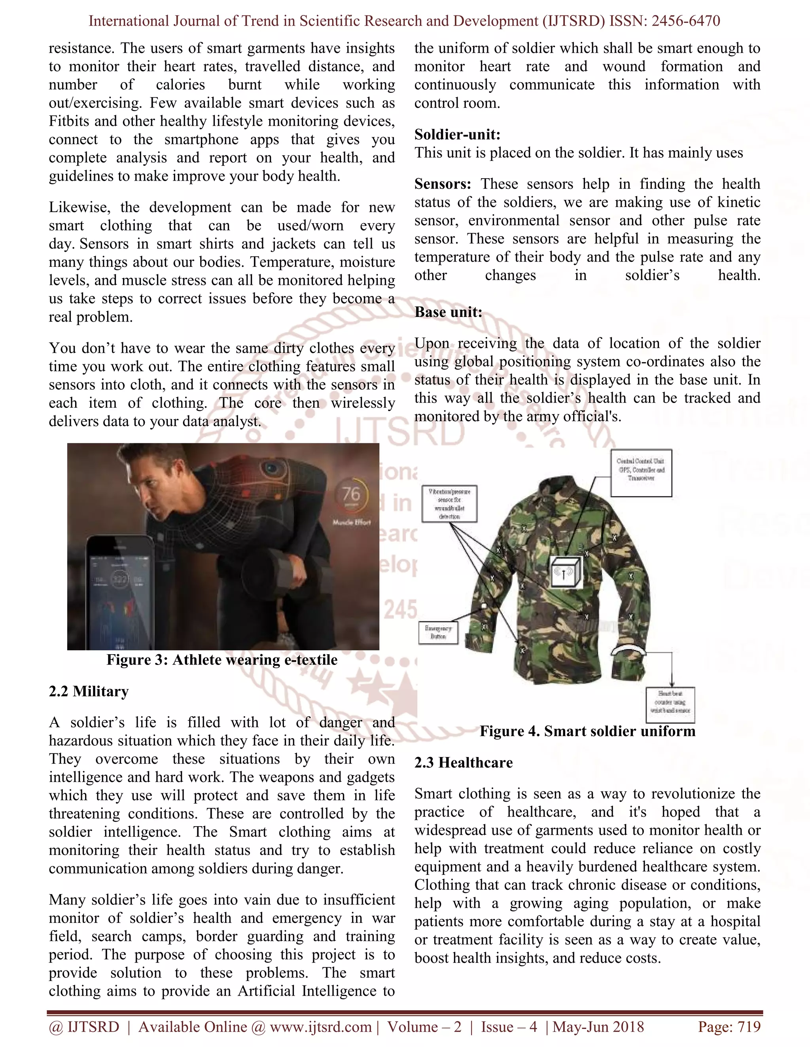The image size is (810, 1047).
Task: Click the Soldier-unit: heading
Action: click(x=457, y=135)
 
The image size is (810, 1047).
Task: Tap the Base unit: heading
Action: click(x=448, y=312)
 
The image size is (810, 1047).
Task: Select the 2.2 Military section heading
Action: click(x=89, y=691)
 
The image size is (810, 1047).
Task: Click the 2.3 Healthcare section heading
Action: click(x=463, y=762)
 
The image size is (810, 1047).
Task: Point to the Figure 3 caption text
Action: click(x=222, y=660)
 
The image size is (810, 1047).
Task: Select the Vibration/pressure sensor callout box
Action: click(x=449, y=503)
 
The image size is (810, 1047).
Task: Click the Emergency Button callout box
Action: click(x=438, y=632)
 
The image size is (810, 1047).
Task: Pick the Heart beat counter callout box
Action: click(x=670, y=705)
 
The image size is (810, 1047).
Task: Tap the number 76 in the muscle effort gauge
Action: click(x=351, y=494)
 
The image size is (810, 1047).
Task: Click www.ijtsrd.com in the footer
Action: click(x=320, y=1027)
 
